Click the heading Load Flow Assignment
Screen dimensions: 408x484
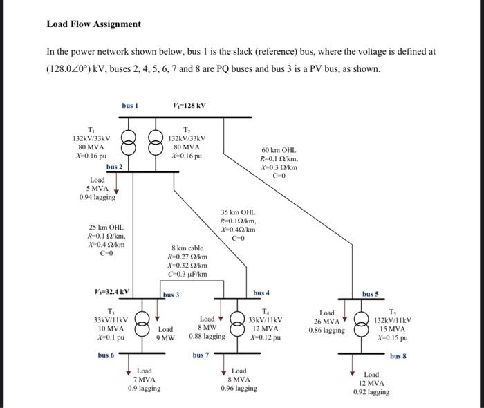[x=93, y=24]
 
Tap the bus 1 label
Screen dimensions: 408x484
[x=130, y=106]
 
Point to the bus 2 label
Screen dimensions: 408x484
[x=114, y=167]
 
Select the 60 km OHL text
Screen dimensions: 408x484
[x=278, y=149]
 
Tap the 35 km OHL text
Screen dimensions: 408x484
[x=238, y=212]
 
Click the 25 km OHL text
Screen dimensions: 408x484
[x=106, y=227]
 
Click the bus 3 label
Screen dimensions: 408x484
[x=171, y=295]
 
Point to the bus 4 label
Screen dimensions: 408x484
[x=262, y=293]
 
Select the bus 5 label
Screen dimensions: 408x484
[x=370, y=294]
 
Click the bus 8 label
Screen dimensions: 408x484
[x=398, y=356]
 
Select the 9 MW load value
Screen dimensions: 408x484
[x=166, y=337]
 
